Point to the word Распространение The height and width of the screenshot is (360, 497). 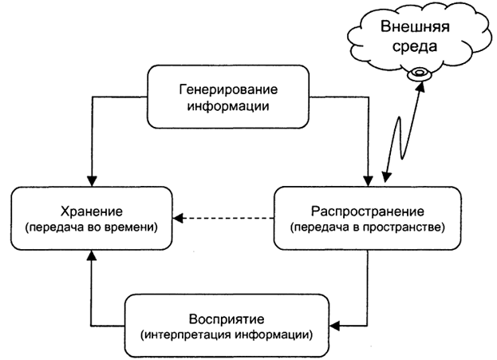pos(366,212)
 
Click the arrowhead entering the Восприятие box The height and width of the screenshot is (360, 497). pos(336,325)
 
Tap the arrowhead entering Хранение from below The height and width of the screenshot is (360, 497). pos(93,254)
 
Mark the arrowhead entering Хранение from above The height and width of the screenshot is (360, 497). pos(93,180)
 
